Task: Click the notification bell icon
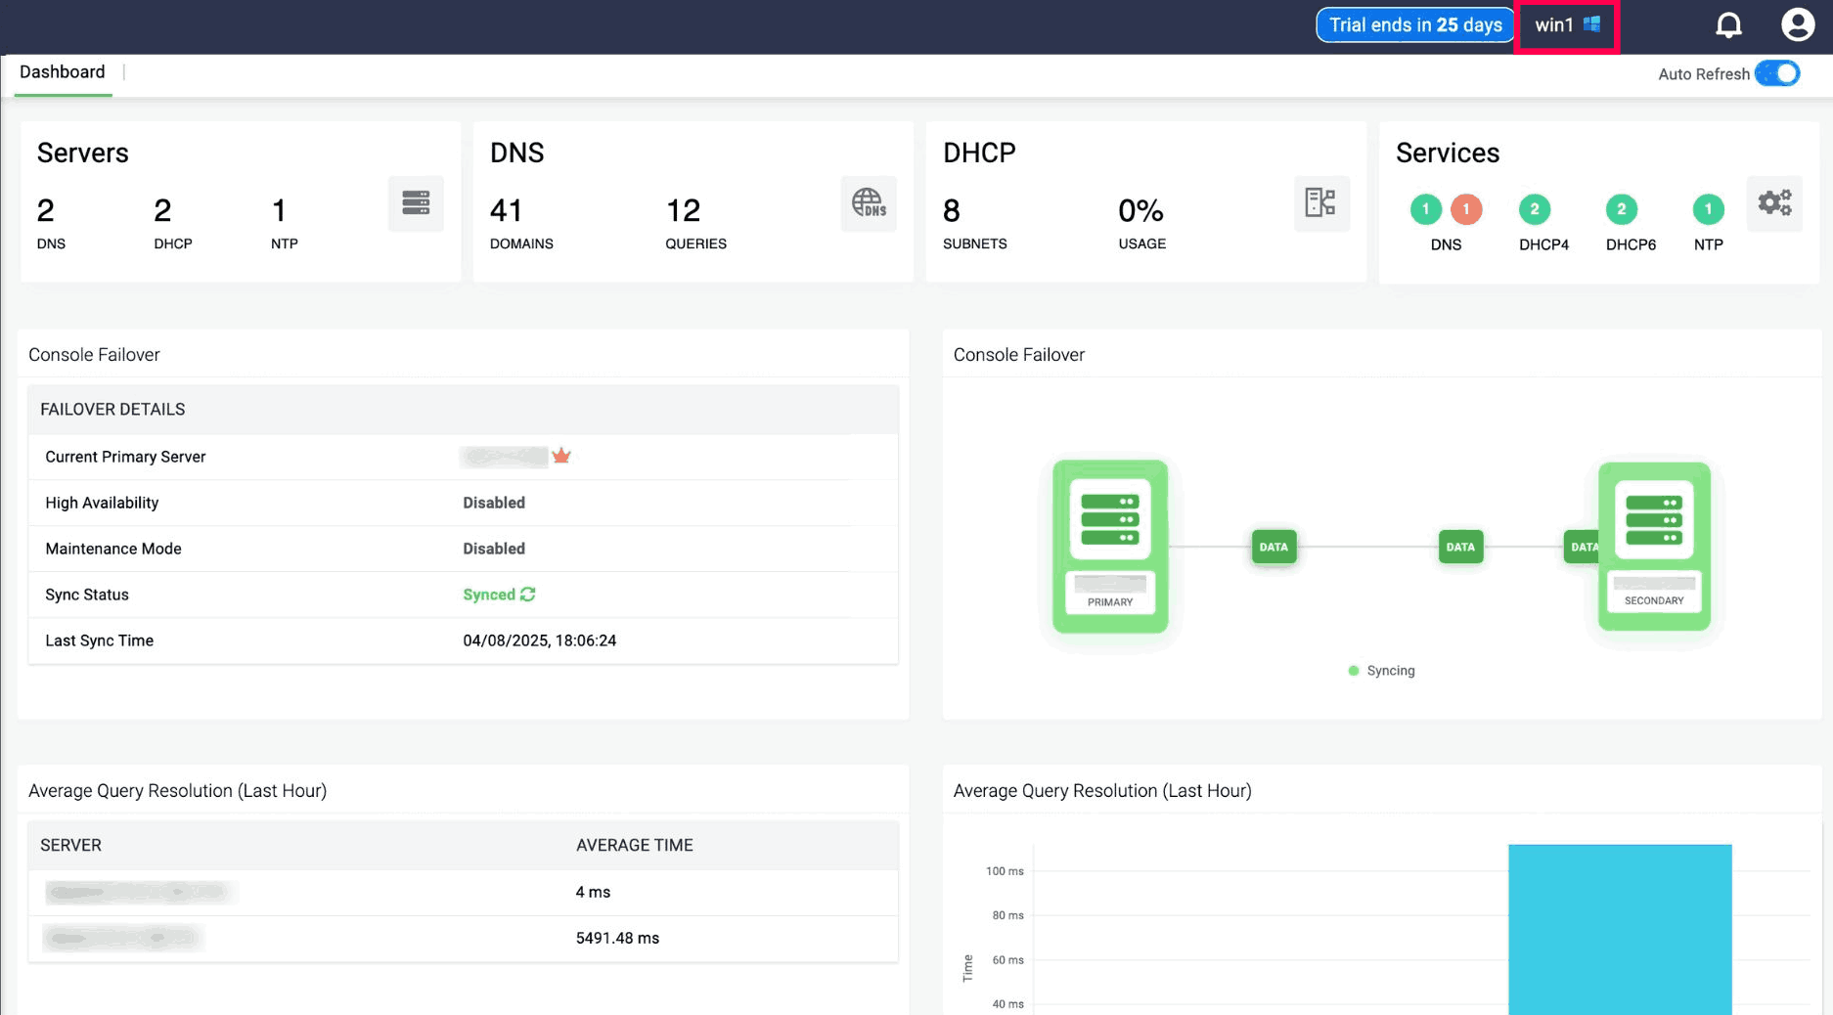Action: coord(1728,25)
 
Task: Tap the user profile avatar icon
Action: coord(1797,24)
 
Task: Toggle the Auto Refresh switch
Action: coord(1777,73)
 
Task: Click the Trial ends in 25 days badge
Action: coord(1414,25)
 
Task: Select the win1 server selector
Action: coord(1566,25)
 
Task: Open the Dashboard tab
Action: coord(63,72)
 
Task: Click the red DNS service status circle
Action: coord(1465,209)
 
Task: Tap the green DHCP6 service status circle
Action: coord(1621,209)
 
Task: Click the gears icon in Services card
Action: coord(1774,203)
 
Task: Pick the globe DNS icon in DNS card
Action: coord(868,203)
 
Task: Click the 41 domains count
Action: coord(506,210)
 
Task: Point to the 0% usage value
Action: coord(1140,210)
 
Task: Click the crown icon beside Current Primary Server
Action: coord(561,456)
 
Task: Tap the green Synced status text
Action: coord(489,595)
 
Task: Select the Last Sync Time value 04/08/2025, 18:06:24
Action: coord(539,640)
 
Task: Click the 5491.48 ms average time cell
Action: coord(617,938)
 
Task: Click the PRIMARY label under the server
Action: coord(1109,602)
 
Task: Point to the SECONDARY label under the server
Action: coord(1653,600)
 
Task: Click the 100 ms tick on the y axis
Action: coord(1005,871)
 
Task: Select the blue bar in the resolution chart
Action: coord(1619,929)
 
